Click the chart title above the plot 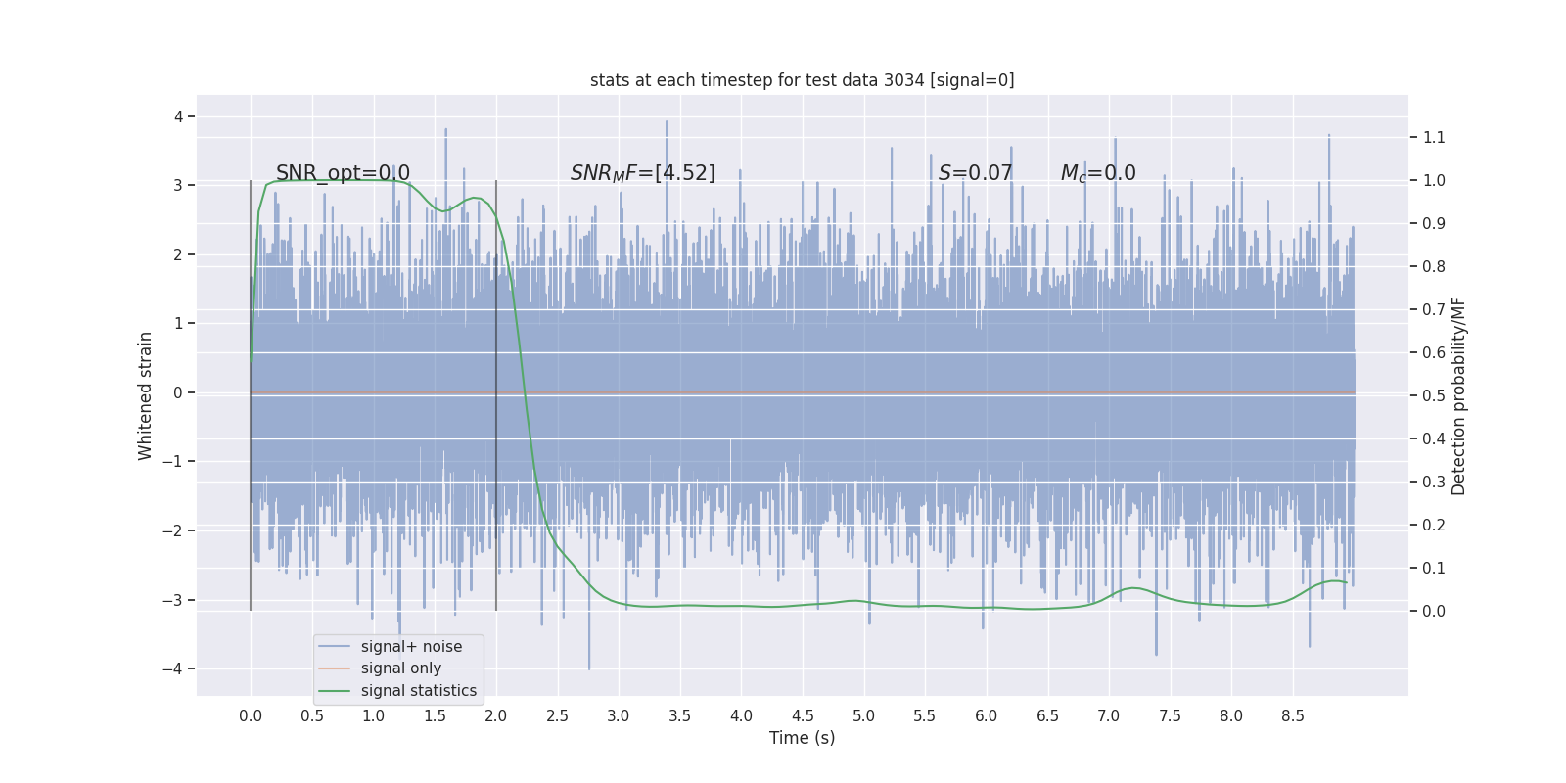[802, 80]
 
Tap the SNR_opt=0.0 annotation [343, 173]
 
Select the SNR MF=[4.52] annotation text [643, 173]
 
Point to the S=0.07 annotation [975, 173]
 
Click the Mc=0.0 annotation [1098, 173]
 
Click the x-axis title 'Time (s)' [802, 738]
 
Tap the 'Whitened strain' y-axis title [146, 395]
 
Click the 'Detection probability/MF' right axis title [1458, 395]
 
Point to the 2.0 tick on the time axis [496, 716]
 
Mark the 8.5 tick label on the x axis [1292, 716]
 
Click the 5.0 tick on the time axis [863, 716]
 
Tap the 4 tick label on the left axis [178, 117]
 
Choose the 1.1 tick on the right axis [1434, 137]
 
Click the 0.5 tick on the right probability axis [1434, 395]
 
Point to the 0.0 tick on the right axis [1434, 611]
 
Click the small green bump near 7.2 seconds [1133, 588]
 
